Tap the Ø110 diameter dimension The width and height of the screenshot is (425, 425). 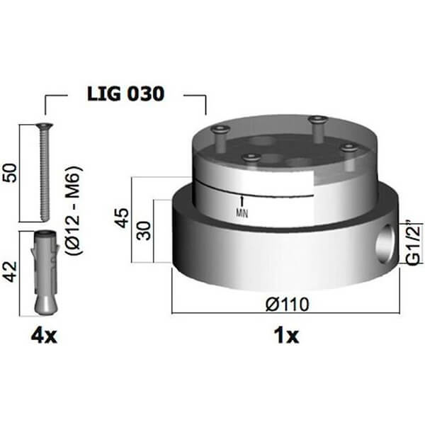285,304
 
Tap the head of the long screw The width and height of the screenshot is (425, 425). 41,126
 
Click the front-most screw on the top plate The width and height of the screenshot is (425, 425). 250,158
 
